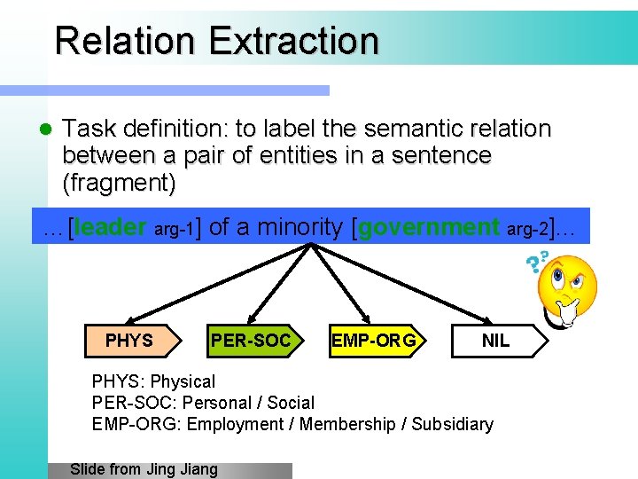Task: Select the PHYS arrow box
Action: tap(130, 341)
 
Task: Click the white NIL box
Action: tap(495, 341)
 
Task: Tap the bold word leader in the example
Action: tap(111, 228)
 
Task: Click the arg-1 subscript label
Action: tap(174, 232)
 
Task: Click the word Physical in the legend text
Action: tap(183, 381)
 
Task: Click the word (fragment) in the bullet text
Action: tap(119, 184)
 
